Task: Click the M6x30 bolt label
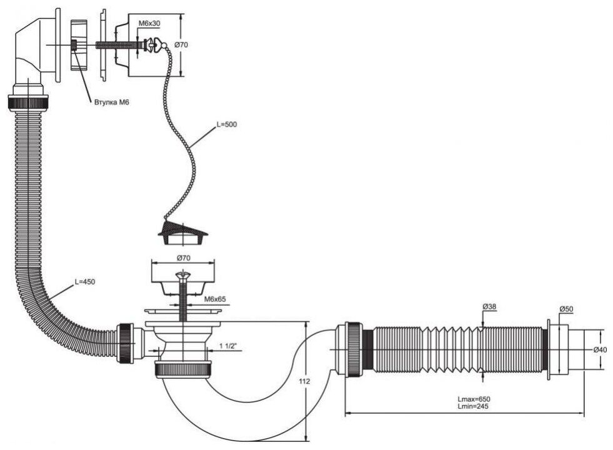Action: [x=149, y=24]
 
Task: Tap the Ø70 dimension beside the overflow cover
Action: [x=181, y=44]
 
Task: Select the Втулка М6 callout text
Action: [x=112, y=102]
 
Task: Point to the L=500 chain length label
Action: [x=227, y=125]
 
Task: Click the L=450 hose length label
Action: [x=85, y=281]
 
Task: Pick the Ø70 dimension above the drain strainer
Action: [x=183, y=258]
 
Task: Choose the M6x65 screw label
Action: [x=215, y=299]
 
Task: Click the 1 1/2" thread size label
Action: [x=229, y=346]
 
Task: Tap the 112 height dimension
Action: [x=306, y=381]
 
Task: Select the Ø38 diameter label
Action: [x=489, y=307]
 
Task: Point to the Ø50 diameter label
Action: [x=566, y=309]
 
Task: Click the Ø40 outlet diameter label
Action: [x=600, y=350]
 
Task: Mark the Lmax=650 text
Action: [x=474, y=399]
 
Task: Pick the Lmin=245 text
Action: [x=473, y=406]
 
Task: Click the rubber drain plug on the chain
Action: [x=182, y=233]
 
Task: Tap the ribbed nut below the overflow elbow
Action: [x=28, y=103]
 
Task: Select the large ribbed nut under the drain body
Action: [x=183, y=369]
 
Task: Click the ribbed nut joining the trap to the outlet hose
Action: [x=354, y=349]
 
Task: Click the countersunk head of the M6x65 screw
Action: [x=182, y=275]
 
